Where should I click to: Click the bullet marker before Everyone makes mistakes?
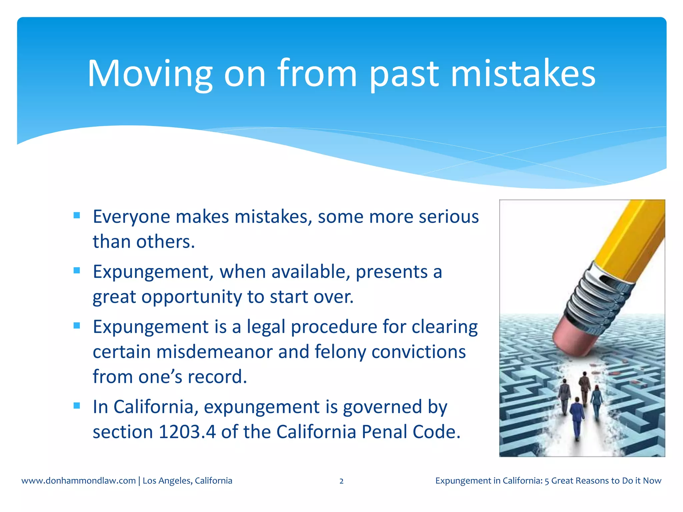pos(77,215)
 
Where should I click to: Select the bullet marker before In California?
pos(77,406)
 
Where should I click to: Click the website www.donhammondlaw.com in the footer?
pos(78,481)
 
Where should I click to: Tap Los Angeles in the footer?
pos(167,481)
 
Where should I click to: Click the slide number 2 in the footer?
pos(341,481)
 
